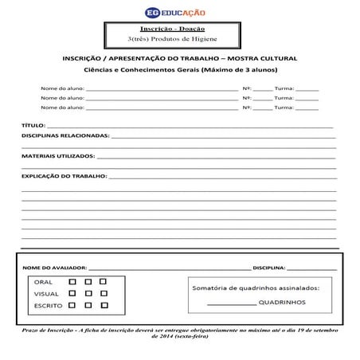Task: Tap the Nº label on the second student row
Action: (247, 96)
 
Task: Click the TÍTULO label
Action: (33, 126)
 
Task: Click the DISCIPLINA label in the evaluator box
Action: (268, 268)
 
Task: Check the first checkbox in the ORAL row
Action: (72, 282)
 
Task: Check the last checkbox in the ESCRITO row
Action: (102, 305)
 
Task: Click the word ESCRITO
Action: (48, 306)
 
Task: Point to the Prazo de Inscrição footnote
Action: (179, 333)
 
